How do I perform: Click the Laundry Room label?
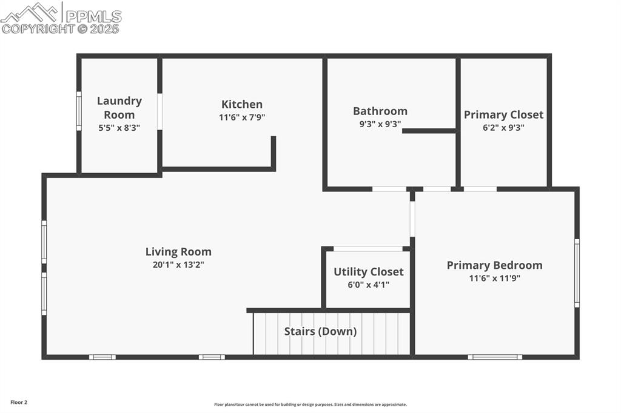click(x=119, y=107)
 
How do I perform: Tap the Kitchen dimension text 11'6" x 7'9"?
click(x=242, y=117)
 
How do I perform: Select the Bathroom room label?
click(x=380, y=111)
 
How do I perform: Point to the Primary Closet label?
click(x=503, y=114)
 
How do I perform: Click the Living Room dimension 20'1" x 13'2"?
click(x=178, y=265)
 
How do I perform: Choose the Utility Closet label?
click(x=368, y=272)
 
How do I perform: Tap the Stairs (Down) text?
click(x=320, y=331)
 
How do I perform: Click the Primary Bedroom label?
click(x=494, y=265)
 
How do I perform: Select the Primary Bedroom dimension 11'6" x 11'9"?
click(x=494, y=279)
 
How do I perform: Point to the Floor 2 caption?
click(x=19, y=402)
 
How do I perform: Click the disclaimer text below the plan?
click(x=310, y=405)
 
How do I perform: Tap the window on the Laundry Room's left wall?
click(x=79, y=111)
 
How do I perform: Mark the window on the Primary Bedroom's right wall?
click(x=577, y=273)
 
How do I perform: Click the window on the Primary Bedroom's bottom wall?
click(x=495, y=357)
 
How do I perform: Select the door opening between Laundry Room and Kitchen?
click(x=159, y=111)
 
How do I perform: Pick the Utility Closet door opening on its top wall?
click(x=368, y=248)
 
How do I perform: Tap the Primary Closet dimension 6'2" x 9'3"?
click(x=503, y=128)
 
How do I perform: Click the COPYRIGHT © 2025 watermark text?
click(x=61, y=28)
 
